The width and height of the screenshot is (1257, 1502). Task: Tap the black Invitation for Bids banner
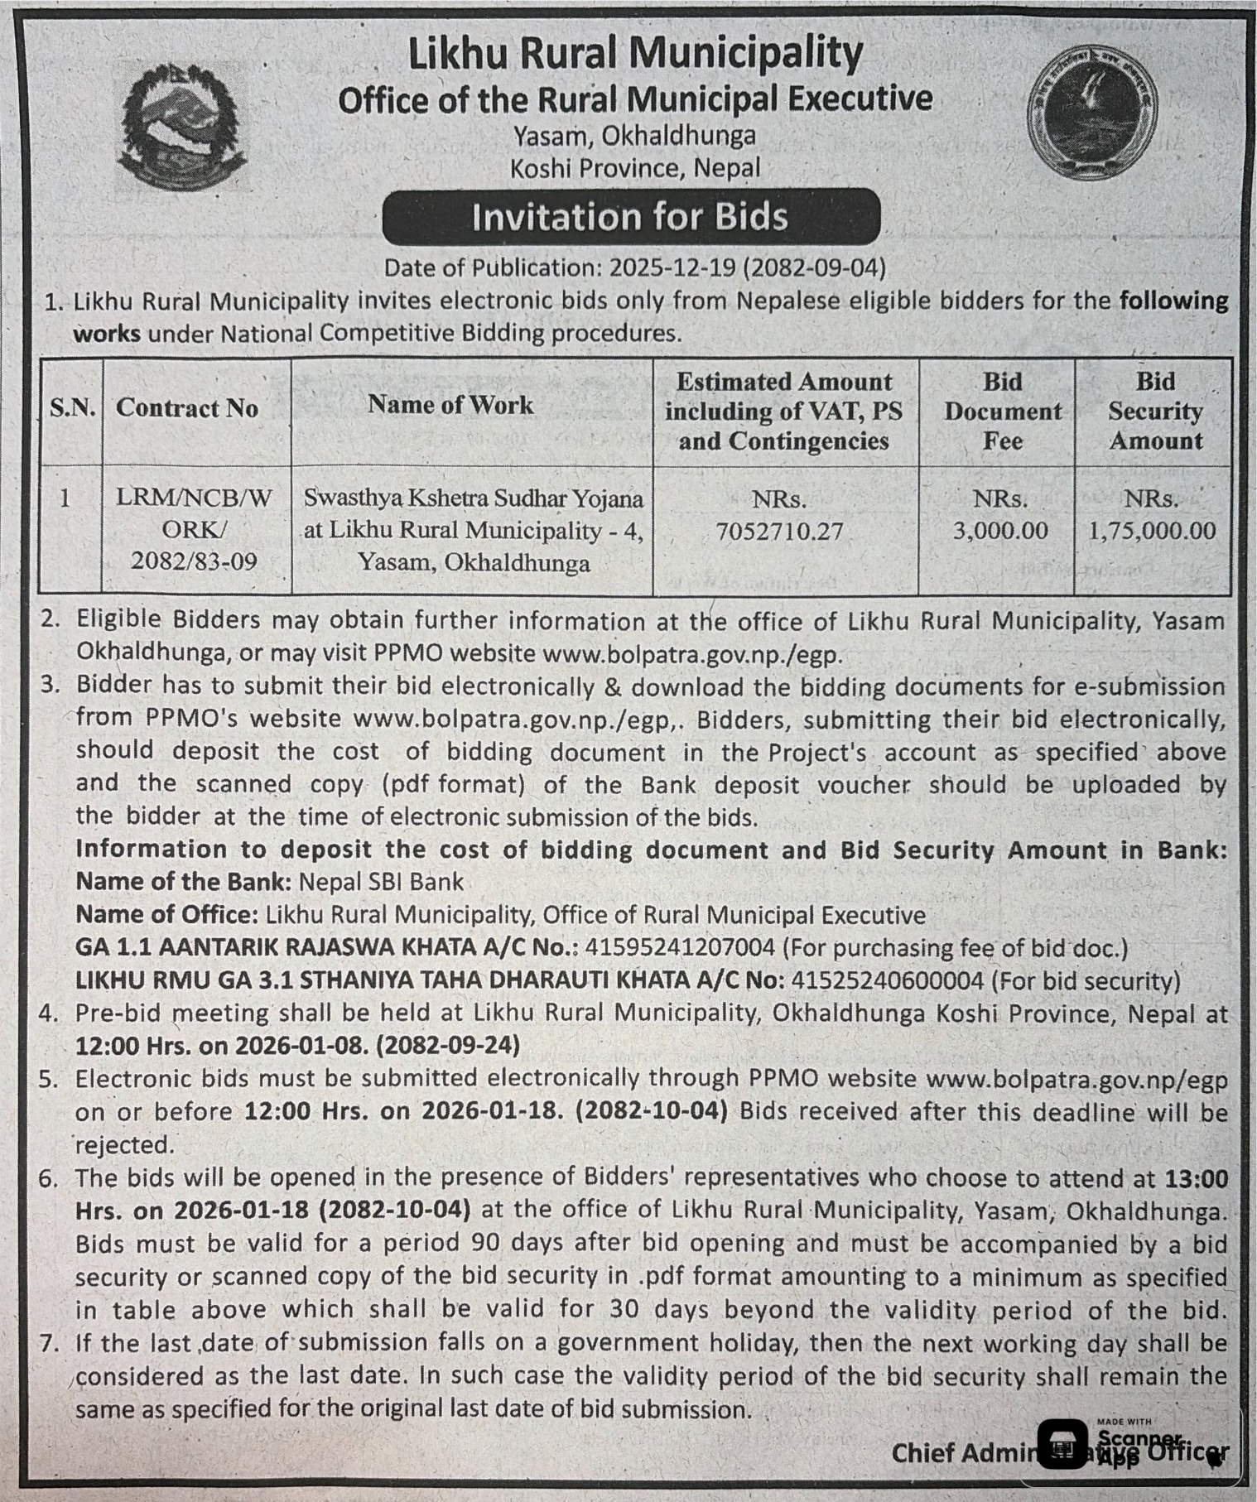point(630,217)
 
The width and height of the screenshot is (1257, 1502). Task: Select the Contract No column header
point(187,407)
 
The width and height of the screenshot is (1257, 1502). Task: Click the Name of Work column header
point(450,405)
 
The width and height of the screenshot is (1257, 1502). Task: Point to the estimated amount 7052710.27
point(779,531)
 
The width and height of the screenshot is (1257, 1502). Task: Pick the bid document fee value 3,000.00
point(1000,530)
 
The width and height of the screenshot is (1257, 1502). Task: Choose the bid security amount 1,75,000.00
point(1152,531)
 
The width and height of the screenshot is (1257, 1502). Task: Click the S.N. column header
point(73,407)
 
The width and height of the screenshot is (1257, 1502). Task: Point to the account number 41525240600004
point(888,980)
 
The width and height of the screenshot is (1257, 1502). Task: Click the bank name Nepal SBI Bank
point(381,881)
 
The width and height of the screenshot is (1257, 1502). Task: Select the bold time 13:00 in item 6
point(1197,1177)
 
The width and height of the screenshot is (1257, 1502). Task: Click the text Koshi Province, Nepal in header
point(634,168)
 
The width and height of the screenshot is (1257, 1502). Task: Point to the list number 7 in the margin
point(48,1343)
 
